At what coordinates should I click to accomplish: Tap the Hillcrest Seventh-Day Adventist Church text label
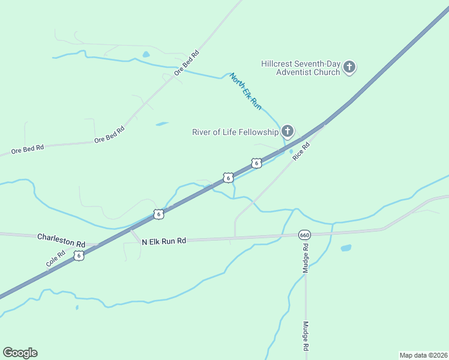click(300, 68)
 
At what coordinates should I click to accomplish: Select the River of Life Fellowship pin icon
click(288, 131)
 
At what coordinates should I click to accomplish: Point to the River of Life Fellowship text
click(235, 132)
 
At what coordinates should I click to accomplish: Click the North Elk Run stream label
click(246, 91)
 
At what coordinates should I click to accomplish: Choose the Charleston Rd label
click(61, 240)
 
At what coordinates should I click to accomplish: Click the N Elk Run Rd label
click(164, 241)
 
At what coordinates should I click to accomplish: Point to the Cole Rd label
click(55, 259)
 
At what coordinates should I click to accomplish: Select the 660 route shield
click(304, 235)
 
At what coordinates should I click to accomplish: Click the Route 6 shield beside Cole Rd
click(79, 256)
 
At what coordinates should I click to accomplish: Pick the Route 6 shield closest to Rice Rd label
click(256, 163)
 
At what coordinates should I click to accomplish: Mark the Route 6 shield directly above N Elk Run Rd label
click(158, 214)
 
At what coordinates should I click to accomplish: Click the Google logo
click(20, 353)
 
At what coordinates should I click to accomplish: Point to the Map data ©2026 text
click(423, 355)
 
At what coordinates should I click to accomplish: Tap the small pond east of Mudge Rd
click(346, 248)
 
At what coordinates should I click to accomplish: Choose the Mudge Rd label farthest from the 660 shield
click(306, 337)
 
